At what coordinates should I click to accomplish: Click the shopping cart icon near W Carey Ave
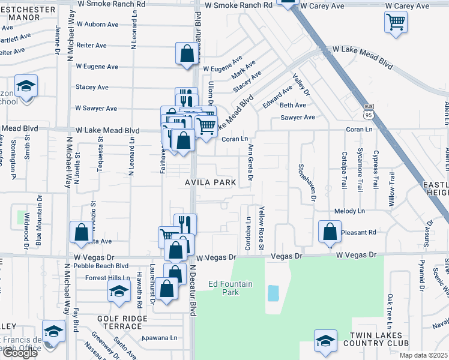tap(396, 22)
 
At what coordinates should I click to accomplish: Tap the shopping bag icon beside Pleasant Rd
tap(330, 232)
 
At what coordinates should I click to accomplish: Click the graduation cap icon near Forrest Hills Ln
tap(119, 292)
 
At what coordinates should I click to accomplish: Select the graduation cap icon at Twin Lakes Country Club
tap(325, 340)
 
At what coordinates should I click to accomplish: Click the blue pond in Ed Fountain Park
tap(273, 293)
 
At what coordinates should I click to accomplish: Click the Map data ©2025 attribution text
tap(423, 355)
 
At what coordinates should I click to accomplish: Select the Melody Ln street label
tap(349, 211)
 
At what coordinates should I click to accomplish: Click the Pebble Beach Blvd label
tap(101, 265)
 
